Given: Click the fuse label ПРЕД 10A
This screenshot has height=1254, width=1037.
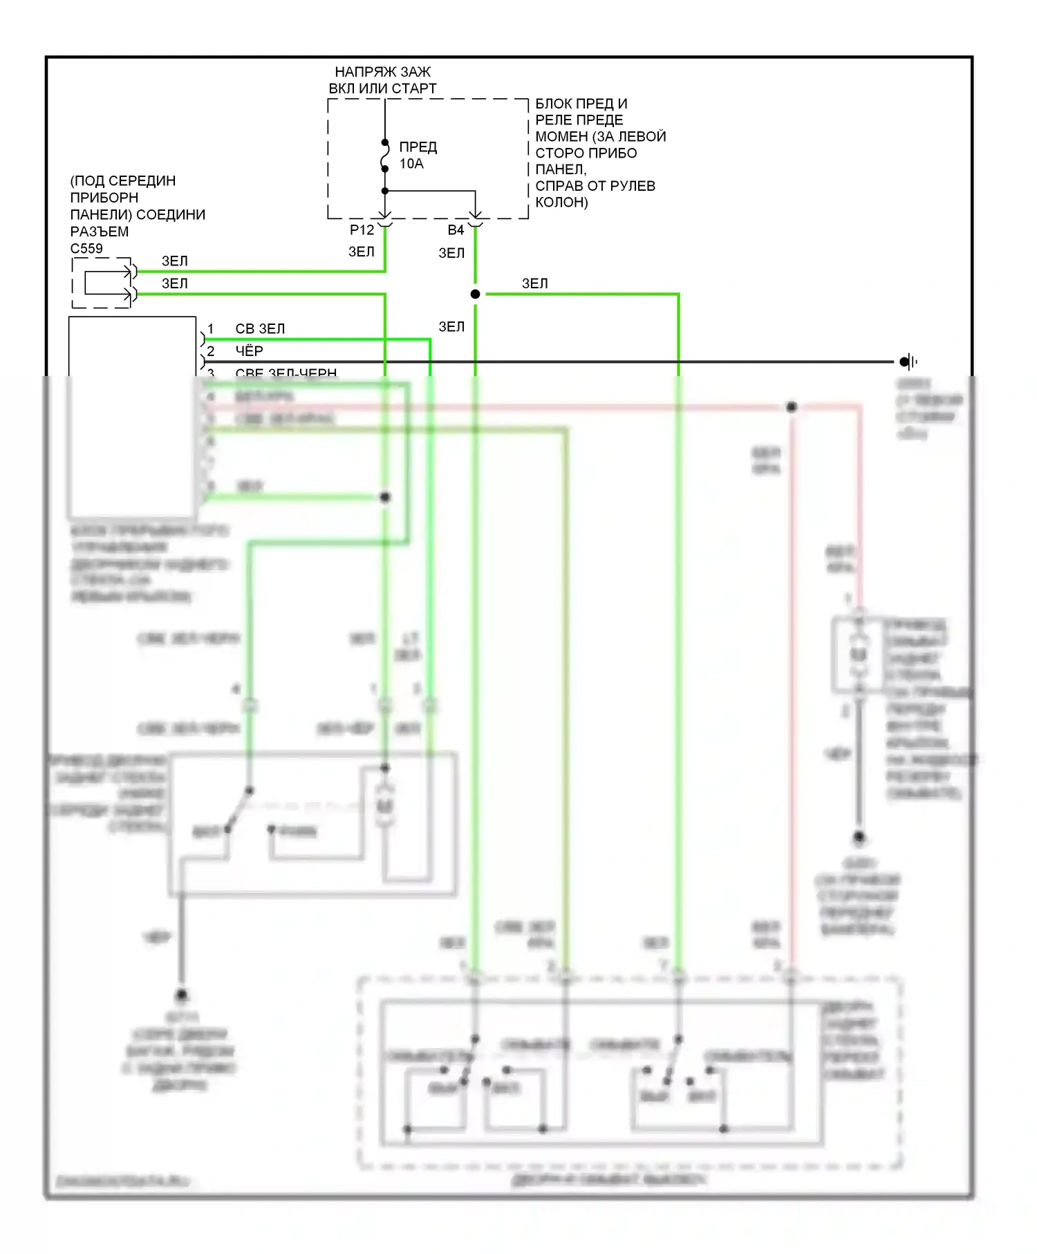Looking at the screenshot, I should pyautogui.click(x=418, y=155).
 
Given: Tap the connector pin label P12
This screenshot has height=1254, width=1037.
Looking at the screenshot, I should pyautogui.click(x=362, y=230).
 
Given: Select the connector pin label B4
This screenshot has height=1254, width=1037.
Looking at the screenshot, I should pyautogui.click(x=456, y=230).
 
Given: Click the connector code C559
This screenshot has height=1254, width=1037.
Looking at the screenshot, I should pyautogui.click(x=86, y=249).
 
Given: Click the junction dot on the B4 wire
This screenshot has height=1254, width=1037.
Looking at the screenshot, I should pyautogui.click(x=475, y=294).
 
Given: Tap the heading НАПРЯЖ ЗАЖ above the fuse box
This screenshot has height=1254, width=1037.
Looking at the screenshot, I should pyautogui.click(x=382, y=72).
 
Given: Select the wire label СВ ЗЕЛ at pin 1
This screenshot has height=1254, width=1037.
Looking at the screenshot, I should pyautogui.click(x=260, y=329).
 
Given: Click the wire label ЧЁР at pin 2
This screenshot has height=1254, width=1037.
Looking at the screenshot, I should pyautogui.click(x=249, y=351).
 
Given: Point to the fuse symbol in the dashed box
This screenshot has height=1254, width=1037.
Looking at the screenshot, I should pyautogui.click(x=385, y=156).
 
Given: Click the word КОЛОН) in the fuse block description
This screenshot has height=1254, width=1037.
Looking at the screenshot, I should pyautogui.click(x=561, y=203).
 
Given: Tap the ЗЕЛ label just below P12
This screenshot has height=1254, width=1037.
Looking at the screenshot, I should pyautogui.click(x=361, y=252).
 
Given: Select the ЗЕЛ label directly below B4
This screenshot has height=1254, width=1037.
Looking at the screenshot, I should pyautogui.click(x=451, y=254).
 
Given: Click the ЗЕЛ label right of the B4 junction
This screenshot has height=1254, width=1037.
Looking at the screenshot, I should pyautogui.click(x=534, y=284).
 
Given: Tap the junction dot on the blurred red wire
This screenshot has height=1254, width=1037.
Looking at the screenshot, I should pyautogui.click(x=792, y=407).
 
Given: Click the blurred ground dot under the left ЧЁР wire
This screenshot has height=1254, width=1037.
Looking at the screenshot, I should pyautogui.click(x=181, y=995).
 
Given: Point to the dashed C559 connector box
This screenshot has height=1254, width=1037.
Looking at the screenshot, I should pyautogui.click(x=102, y=283).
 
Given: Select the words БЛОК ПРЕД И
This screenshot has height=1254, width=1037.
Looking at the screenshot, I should pyautogui.click(x=581, y=104).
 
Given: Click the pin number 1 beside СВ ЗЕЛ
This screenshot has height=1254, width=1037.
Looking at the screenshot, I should pyautogui.click(x=211, y=329).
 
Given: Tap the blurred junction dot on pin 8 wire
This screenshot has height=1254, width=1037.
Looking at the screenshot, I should pyautogui.click(x=385, y=497).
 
